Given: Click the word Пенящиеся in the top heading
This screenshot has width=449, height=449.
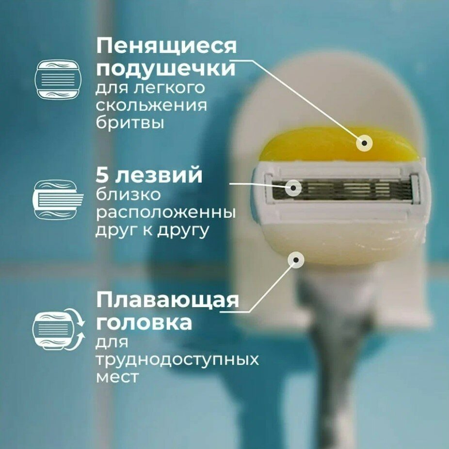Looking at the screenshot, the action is (166, 47).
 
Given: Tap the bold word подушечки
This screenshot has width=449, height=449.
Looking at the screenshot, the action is (165, 69).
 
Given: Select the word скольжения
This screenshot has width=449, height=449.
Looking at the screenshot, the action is (151, 105).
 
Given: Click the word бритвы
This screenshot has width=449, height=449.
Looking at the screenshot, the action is (129, 122).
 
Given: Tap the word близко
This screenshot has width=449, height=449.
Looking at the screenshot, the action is (128, 195).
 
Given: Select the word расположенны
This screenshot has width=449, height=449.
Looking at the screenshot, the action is (166, 213).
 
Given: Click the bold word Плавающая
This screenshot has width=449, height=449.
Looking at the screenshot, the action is (167, 301).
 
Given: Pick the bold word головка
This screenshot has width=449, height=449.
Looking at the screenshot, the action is (144, 322).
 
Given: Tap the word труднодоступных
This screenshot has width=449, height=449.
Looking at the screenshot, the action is (177, 360).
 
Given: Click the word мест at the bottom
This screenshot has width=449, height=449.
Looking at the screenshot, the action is (117, 377).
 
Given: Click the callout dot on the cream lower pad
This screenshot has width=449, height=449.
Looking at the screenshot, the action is (295, 260).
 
